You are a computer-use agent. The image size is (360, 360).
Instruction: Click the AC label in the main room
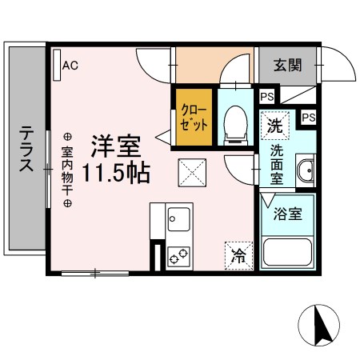pyautogui.click(x=70, y=67)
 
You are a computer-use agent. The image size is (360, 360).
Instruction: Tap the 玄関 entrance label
pyautogui.click(x=287, y=66)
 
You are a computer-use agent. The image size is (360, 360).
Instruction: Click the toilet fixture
pyautogui.click(x=236, y=125)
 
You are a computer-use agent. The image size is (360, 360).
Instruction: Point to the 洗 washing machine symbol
pyautogui.click(x=274, y=126)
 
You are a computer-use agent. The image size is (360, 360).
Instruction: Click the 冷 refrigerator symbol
pyautogui.click(x=238, y=255)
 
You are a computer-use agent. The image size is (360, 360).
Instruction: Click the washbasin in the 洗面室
pyautogui.click(x=304, y=170)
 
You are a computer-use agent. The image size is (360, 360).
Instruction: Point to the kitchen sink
pyautogui.click(x=178, y=217)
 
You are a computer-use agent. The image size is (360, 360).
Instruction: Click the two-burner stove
pyautogui.click(x=178, y=256)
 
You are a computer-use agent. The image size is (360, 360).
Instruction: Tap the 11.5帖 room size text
pyautogui.click(x=119, y=173)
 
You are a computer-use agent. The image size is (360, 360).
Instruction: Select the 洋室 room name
pyautogui.click(x=116, y=146)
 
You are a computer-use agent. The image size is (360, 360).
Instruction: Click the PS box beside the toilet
pyautogui.click(x=266, y=98)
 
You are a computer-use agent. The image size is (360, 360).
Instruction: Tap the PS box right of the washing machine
pyautogui.click(x=307, y=118)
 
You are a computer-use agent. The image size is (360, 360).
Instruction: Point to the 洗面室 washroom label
pyautogui.click(x=275, y=163)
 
